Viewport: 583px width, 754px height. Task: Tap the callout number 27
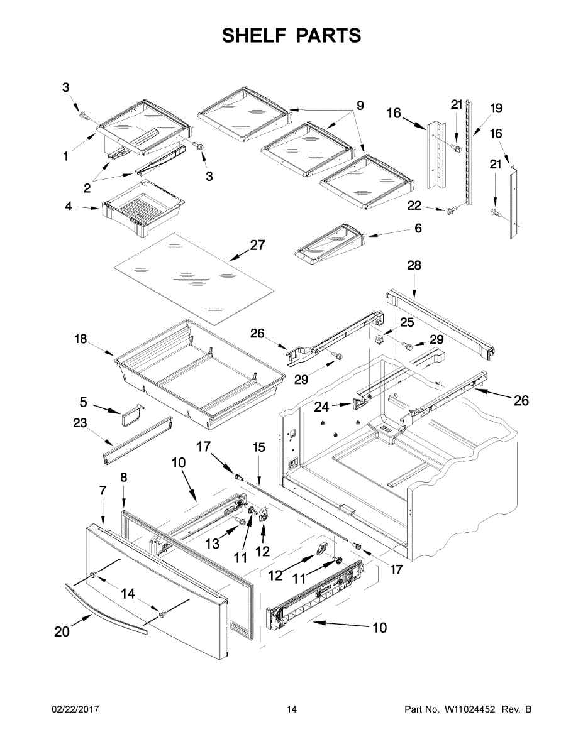tap(257, 245)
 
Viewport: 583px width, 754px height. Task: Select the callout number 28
tap(414, 266)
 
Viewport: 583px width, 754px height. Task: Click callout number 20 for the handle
tap(62, 632)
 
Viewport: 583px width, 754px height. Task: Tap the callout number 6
tap(418, 229)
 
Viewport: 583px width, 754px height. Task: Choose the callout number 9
tap(360, 106)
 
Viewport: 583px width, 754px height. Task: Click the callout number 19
tap(496, 109)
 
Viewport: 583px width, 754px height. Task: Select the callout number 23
tap(79, 423)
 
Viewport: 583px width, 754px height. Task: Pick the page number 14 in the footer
tap(291, 709)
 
